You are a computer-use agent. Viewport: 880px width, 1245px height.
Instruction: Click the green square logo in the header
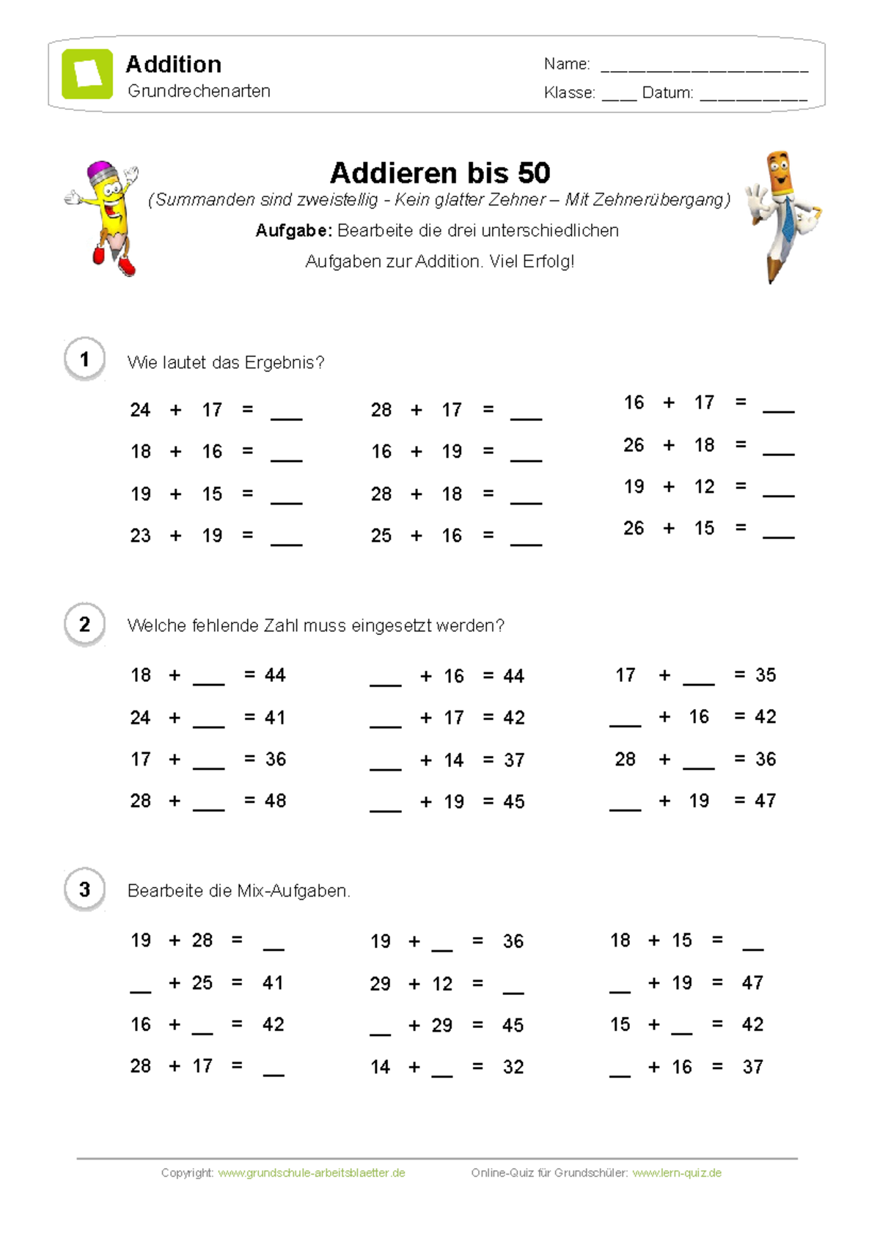(x=87, y=74)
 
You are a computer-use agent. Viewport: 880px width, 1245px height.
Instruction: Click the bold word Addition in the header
(x=174, y=65)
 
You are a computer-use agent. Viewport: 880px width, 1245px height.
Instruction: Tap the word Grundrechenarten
(x=199, y=91)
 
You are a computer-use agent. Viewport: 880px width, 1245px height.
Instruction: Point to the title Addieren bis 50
(x=440, y=173)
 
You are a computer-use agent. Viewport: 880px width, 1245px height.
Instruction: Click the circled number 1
(x=84, y=359)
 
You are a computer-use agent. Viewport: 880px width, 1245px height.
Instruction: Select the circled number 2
(x=84, y=625)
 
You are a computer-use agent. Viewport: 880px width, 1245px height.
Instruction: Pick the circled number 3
(x=84, y=889)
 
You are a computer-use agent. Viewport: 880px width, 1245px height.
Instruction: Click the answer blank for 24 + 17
(x=287, y=415)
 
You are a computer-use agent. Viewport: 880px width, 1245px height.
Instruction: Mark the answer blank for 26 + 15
(x=778, y=534)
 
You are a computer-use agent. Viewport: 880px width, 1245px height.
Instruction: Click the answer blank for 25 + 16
(x=526, y=541)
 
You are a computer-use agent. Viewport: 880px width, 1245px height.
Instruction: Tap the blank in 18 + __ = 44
(x=209, y=680)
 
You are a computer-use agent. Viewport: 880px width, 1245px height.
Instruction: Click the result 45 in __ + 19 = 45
(x=513, y=801)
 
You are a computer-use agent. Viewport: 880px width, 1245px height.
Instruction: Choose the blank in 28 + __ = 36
(x=698, y=765)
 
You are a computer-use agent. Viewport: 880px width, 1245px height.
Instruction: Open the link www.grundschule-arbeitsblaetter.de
(x=312, y=1172)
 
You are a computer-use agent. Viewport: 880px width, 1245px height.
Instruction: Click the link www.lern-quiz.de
(x=677, y=1172)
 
